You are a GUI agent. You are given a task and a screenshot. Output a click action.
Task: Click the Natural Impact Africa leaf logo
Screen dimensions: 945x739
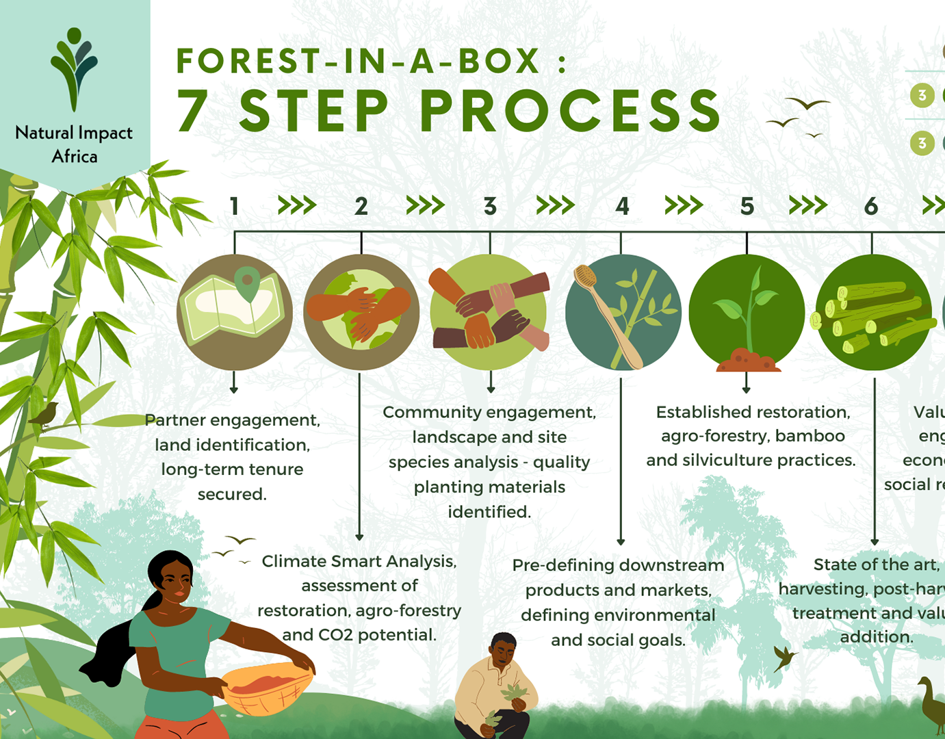(x=74, y=68)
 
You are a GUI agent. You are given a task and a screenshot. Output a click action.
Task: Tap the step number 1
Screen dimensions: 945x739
(x=234, y=206)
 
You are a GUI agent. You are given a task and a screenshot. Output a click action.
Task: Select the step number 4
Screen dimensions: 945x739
(x=621, y=206)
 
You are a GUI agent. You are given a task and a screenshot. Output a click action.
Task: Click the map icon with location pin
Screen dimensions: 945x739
(x=235, y=312)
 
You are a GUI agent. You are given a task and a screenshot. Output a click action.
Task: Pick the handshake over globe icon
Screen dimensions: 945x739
(x=361, y=312)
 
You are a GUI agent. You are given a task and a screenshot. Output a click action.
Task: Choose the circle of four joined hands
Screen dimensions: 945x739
(x=489, y=312)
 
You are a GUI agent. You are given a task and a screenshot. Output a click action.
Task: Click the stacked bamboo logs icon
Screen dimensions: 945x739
(x=872, y=312)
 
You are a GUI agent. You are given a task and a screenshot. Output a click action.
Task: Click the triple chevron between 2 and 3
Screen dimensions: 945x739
(x=425, y=205)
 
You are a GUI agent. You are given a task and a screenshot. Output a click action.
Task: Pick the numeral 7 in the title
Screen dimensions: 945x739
(x=193, y=111)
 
